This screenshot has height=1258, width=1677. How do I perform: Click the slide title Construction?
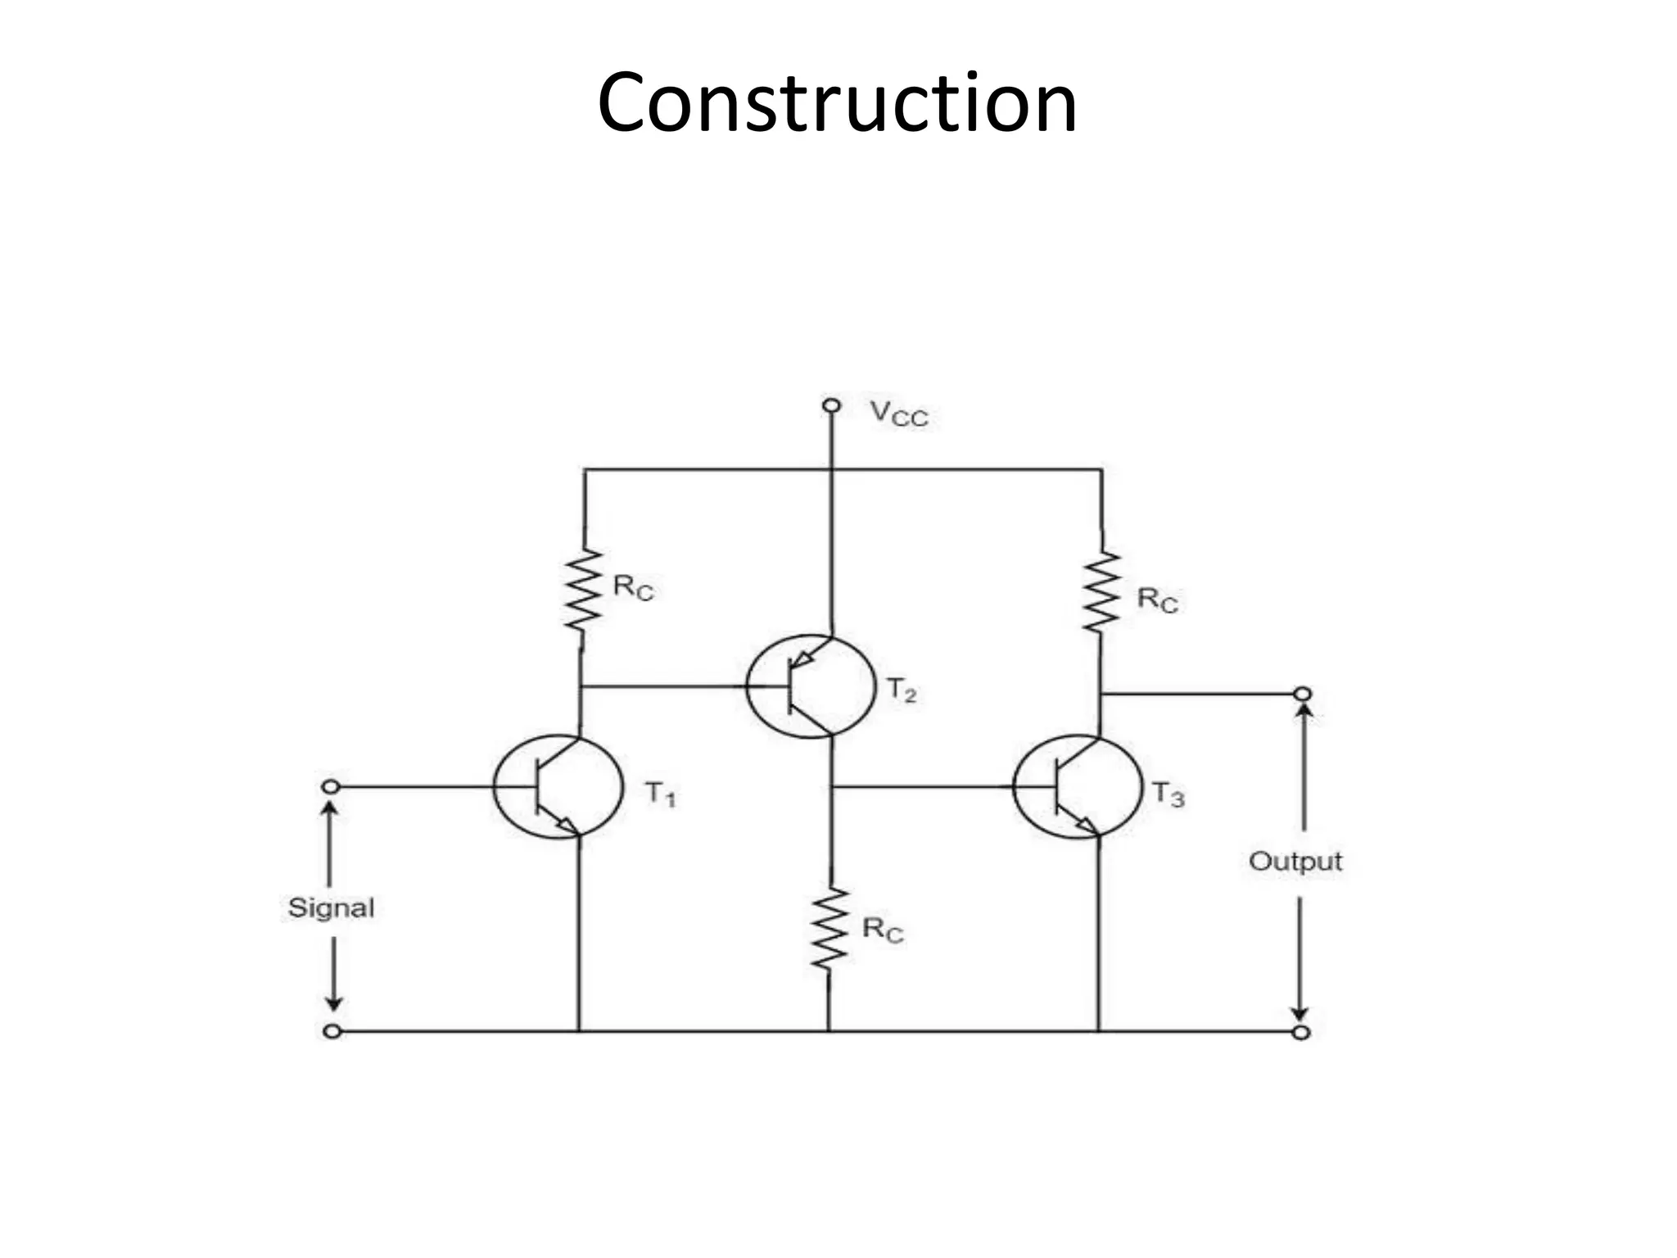(837, 104)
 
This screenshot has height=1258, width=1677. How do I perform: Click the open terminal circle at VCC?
(831, 405)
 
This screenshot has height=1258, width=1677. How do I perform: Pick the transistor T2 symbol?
(809, 686)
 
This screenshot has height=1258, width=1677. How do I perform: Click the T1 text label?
(660, 794)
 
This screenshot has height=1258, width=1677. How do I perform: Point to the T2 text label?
(902, 690)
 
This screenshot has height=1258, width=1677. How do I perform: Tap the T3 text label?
(1168, 794)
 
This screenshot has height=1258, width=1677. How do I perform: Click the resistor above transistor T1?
(582, 590)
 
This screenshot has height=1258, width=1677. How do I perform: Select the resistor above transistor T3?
(1101, 591)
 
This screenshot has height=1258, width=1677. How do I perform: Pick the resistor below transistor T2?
(829, 930)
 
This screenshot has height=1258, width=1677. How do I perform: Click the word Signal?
(331, 907)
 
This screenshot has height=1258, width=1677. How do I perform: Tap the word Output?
(1295, 861)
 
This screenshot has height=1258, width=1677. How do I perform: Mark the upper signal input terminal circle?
(330, 787)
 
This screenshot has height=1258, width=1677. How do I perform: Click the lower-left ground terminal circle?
(332, 1031)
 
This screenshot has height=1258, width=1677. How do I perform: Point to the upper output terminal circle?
(1302, 695)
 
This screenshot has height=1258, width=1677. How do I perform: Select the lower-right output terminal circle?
(1301, 1032)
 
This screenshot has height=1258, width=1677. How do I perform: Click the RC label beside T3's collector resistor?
(1157, 600)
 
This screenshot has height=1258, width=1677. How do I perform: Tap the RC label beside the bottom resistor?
(883, 930)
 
